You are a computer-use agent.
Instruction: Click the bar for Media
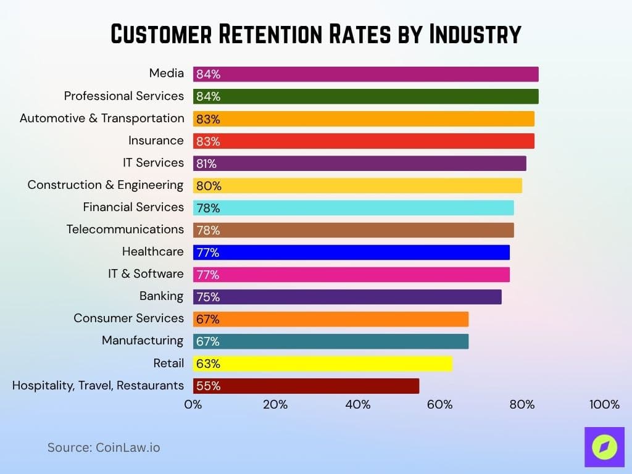point(365,74)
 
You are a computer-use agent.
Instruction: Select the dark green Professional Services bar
point(365,96)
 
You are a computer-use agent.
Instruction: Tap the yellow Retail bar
point(322,364)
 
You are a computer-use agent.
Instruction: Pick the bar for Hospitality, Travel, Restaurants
point(306,386)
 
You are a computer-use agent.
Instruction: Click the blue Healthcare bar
point(351,252)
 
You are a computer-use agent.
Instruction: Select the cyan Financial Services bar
point(353,208)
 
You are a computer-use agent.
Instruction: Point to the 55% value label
point(208,386)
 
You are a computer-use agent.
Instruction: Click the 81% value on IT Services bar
point(207,164)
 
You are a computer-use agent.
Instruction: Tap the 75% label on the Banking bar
point(208,297)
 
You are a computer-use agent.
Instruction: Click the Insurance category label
point(156,141)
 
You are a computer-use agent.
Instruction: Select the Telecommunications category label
point(125,230)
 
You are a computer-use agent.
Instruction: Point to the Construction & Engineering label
point(106,185)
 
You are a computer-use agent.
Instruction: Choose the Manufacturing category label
point(143,341)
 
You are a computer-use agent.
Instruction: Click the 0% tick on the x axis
point(193,405)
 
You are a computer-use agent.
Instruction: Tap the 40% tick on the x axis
point(358,405)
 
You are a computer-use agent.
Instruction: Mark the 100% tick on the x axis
point(604,405)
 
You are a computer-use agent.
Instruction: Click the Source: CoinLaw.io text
point(104,447)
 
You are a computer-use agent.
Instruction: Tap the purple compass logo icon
point(604,446)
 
